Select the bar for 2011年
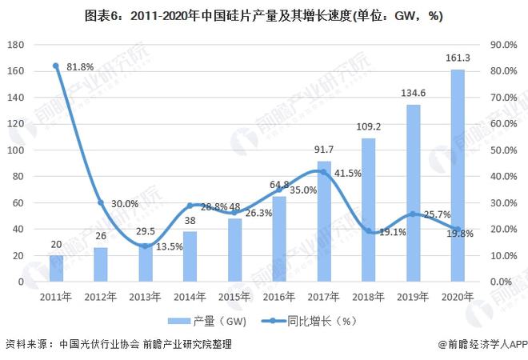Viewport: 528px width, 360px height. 56,269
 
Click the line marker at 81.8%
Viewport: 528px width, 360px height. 56,66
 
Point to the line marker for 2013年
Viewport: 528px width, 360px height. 145,246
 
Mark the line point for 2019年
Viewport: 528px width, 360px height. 413,214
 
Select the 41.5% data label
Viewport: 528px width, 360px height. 347,174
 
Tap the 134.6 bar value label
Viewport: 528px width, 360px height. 413,93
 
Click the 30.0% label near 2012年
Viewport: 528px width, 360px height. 124,203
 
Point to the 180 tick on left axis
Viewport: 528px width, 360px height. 16,46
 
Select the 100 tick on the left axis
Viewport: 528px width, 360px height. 16,150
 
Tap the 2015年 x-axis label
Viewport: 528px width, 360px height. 234,296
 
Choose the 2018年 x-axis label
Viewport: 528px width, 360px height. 368,296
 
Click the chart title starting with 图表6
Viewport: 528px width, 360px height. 263,15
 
